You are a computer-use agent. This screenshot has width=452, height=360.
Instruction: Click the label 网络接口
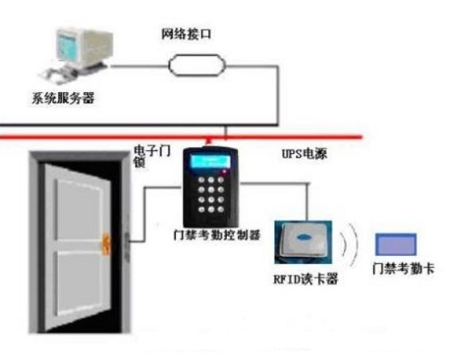[x=186, y=34]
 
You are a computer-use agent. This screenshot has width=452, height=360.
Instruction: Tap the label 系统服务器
[x=63, y=98]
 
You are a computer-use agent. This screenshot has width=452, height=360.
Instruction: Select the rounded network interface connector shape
[x=197, y=65]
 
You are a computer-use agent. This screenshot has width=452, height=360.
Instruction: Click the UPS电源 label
[x=304, y=153]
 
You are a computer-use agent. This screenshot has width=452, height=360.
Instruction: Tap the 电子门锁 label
[x=152, y=157]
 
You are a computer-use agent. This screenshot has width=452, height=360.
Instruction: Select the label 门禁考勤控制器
[x=217, y=235]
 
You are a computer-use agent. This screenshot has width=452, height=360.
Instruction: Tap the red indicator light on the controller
[x=224, y=172]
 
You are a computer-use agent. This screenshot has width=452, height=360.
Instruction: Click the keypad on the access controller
[x=211, y=195]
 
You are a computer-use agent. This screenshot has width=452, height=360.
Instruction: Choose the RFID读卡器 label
[x=306, y=279]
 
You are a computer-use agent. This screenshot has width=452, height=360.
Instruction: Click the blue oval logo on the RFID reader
[x=303, y=237]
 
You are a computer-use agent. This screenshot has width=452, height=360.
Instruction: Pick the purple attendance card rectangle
[x=395, y=245]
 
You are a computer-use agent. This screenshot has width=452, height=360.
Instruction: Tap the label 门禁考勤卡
[x=403, y=269]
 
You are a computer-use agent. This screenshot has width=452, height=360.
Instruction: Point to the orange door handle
[x=107, y=245]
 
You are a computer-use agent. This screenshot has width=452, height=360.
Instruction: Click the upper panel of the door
[x=79, y=208]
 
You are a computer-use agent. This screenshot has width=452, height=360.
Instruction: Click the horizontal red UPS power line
[x=181, y=137]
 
